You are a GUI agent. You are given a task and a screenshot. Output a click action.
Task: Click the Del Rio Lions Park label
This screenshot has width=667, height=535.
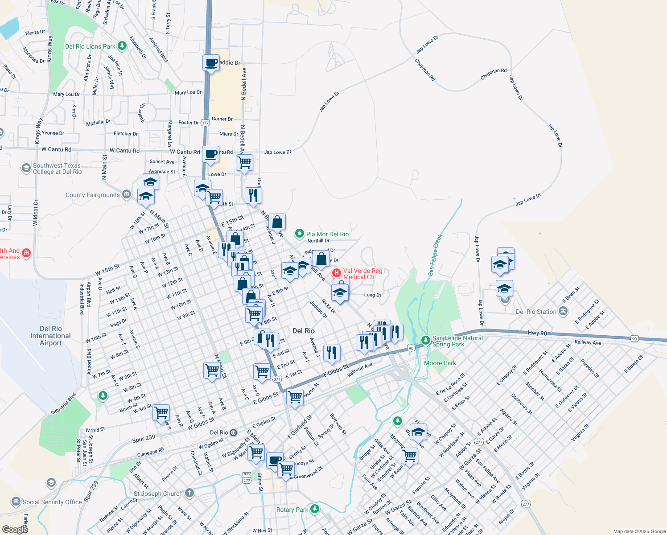pyautogui.click(x=90, y=46)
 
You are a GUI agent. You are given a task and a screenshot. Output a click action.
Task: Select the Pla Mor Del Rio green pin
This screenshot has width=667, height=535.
pyautogui.click(x=300, y=234)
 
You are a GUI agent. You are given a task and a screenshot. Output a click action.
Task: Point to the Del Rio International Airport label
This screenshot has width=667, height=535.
pyautogui.click(x=50, y=336)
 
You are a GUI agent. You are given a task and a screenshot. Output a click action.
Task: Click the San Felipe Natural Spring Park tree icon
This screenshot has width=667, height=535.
pyautogui.click(x=426, y=340)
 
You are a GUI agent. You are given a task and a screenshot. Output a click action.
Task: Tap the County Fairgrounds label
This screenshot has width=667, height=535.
pyautogui.click(x=92, y=195)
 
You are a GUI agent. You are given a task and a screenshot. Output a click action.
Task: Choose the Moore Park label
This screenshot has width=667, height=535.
pyautogui.click(x=440, y=363)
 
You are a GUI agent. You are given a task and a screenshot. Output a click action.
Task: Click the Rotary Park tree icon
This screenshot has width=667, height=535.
pyautogui.click(x=315, y=508)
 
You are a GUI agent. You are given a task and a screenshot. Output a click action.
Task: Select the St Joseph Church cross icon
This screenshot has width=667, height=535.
pyautogui.click(x=189, y=493)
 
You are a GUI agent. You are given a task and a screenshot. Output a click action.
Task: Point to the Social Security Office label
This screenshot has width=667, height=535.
pyautogui.click(x=52, y=502)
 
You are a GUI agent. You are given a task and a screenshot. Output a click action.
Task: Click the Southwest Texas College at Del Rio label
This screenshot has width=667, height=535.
pyautogui.click(x=57, y=169)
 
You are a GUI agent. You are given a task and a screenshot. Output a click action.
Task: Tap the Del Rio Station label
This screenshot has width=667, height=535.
pyautogui.click(x=536, y=312)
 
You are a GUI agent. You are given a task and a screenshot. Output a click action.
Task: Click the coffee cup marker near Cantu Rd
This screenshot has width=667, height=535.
pyautogui.click(x=211, y=154)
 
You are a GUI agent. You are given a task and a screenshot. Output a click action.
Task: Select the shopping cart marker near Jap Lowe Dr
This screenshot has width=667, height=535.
pyautogui.click(x=244, y=163)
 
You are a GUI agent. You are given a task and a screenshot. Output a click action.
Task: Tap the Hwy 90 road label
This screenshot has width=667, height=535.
pyautogui.click(x=537, y=333)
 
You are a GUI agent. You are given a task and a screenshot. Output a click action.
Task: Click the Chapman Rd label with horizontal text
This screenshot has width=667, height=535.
pyautogui.click(x=493, y=74)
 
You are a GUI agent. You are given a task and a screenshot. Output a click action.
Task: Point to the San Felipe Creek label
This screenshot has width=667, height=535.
pyautogui.click(x=435, y=255)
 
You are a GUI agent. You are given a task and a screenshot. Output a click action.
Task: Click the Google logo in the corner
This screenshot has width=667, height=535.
pyautogui.click(x=15, y=530)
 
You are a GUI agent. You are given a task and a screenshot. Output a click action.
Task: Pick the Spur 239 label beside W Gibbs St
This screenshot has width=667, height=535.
pyautogui.click(x=144, y=438)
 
